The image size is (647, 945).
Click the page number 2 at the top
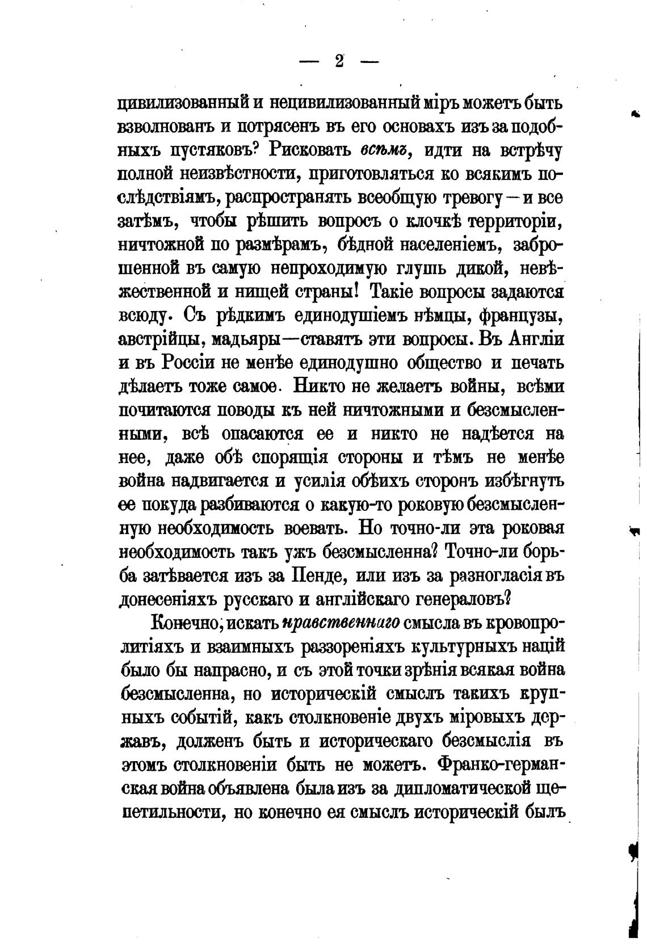click(340, 61)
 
